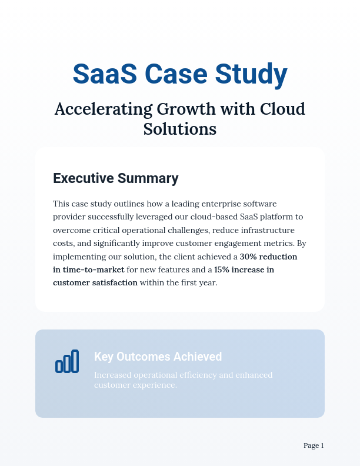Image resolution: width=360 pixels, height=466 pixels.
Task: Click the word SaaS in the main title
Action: (x=105, y=75)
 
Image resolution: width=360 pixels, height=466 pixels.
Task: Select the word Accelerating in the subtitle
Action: (x=102, y=109)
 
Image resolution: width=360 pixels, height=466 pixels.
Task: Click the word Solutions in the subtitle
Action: (x=180, y=128)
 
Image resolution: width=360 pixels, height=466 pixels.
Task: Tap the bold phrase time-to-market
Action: (x=94, y=270)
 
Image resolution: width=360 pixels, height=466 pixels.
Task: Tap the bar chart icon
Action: (x=67, y=361)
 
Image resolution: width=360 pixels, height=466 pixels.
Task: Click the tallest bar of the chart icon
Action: (x=75, y=361)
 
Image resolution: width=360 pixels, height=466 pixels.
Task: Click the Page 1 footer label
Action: (x=314, y=446)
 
